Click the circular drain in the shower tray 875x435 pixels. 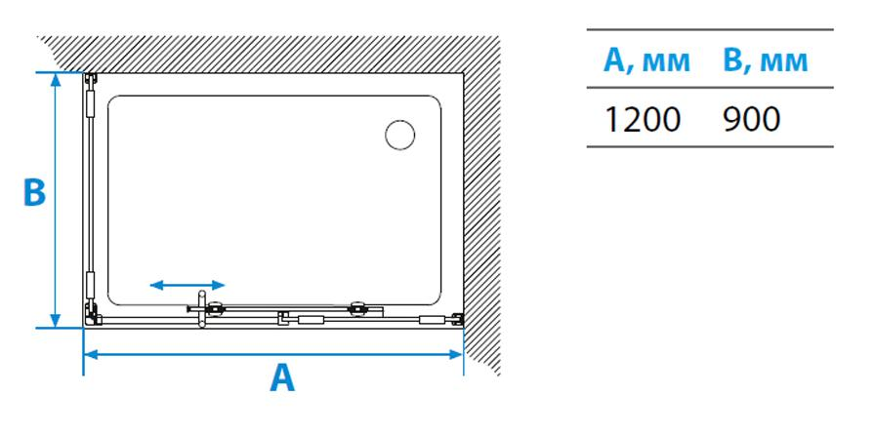(x=399, y=135)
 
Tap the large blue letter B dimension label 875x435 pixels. (x=34, y=192)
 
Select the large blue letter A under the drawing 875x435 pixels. (x=282, y=377)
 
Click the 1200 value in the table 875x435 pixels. (x=643, y=119)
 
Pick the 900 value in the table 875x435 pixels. (x=751, y=119)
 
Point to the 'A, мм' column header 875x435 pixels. (x=646, y=60)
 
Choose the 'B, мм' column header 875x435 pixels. (x=765, y=60)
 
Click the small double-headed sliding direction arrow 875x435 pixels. (x=187, y=286)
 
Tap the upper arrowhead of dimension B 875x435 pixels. (x=55, y=79)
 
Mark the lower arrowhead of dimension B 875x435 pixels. (x=55, y=321)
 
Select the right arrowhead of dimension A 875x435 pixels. (x=456, y=354)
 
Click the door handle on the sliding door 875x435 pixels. (x=202, y=308)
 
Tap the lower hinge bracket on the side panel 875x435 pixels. (x=89, y=286)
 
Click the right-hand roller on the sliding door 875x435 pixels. (x=357, y=308)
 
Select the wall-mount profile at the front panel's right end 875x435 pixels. (x=458, y=319)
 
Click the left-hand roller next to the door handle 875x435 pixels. (x=215, y=308)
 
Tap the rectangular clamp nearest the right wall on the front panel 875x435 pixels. (x=433, y=320)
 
